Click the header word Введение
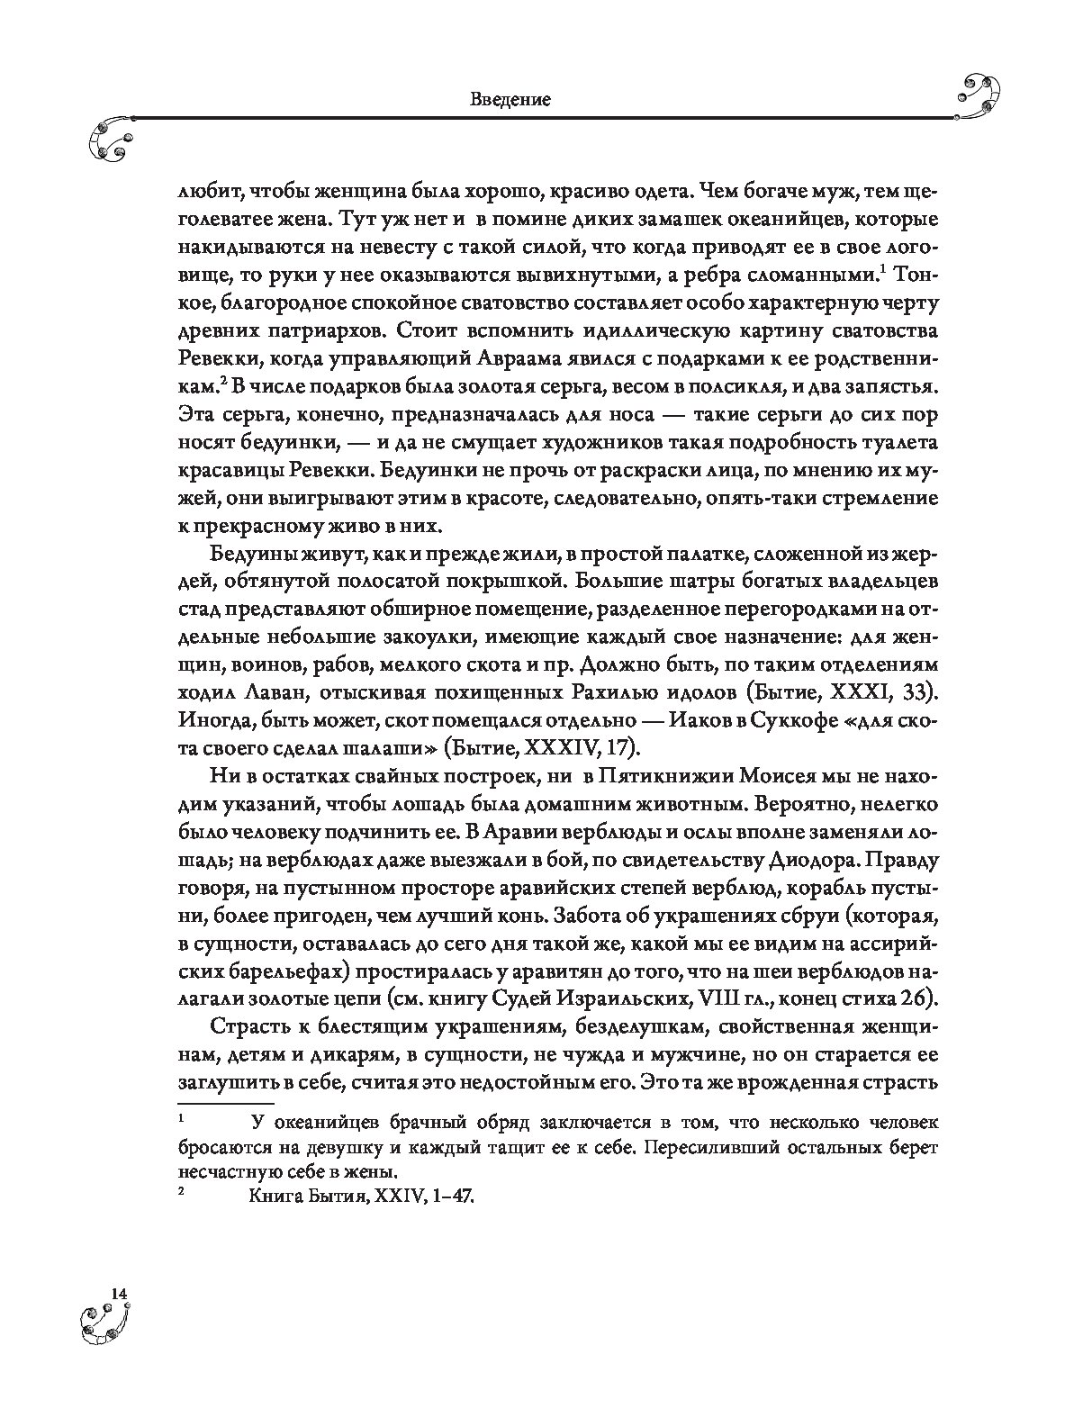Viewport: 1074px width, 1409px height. pyautogui.click(x=510, y=99)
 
